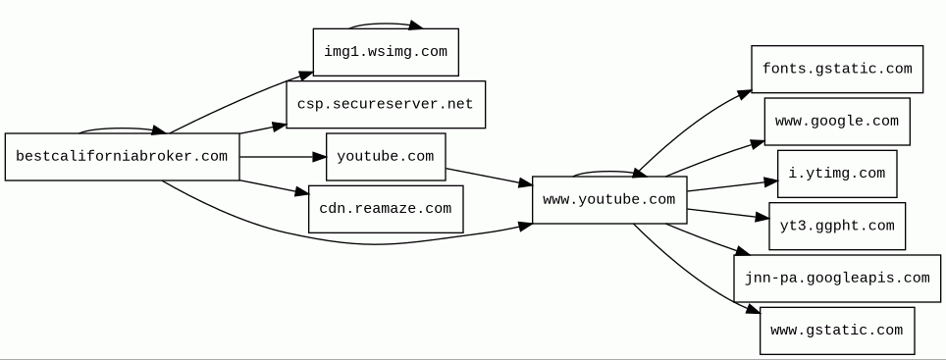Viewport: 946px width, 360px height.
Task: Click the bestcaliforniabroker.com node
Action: (x=123, y=157)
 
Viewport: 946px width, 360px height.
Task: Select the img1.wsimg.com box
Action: (x=386, y=52)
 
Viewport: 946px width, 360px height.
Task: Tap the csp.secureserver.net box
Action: (x=386, y=104)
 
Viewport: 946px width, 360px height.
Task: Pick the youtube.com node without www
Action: (x=386, y=157)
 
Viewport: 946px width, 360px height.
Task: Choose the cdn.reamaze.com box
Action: (x=386, y=209)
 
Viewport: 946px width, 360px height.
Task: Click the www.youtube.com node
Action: (x=609, y=199)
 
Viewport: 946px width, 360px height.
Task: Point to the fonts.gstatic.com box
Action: (x=837, y=69)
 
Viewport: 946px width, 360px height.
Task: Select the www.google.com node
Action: (x=837, y=122)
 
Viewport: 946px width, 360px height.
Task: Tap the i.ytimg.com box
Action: (x=837, y=174)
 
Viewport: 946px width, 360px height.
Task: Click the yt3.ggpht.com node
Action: (x=837, y=227)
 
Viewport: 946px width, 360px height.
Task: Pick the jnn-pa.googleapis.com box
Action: (x=837, y=279)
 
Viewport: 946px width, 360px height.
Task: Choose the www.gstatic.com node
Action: (x=837, y=331)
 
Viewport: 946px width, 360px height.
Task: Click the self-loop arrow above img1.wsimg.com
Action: (x=385, y=25)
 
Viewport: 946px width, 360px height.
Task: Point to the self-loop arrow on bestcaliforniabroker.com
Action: (x=121, y=129)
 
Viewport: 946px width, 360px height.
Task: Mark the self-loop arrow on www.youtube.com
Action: (x=609, y=172)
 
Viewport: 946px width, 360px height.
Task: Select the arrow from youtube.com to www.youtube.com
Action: (x=489, y=177)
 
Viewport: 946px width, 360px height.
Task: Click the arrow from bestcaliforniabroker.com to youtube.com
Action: (x=283, y=157)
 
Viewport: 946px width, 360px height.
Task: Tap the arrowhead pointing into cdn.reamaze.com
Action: (x=301, y=191)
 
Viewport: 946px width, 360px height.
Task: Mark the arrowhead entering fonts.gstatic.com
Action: (x=745, y=94)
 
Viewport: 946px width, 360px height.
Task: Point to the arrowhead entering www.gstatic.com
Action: (x=753, y=309)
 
